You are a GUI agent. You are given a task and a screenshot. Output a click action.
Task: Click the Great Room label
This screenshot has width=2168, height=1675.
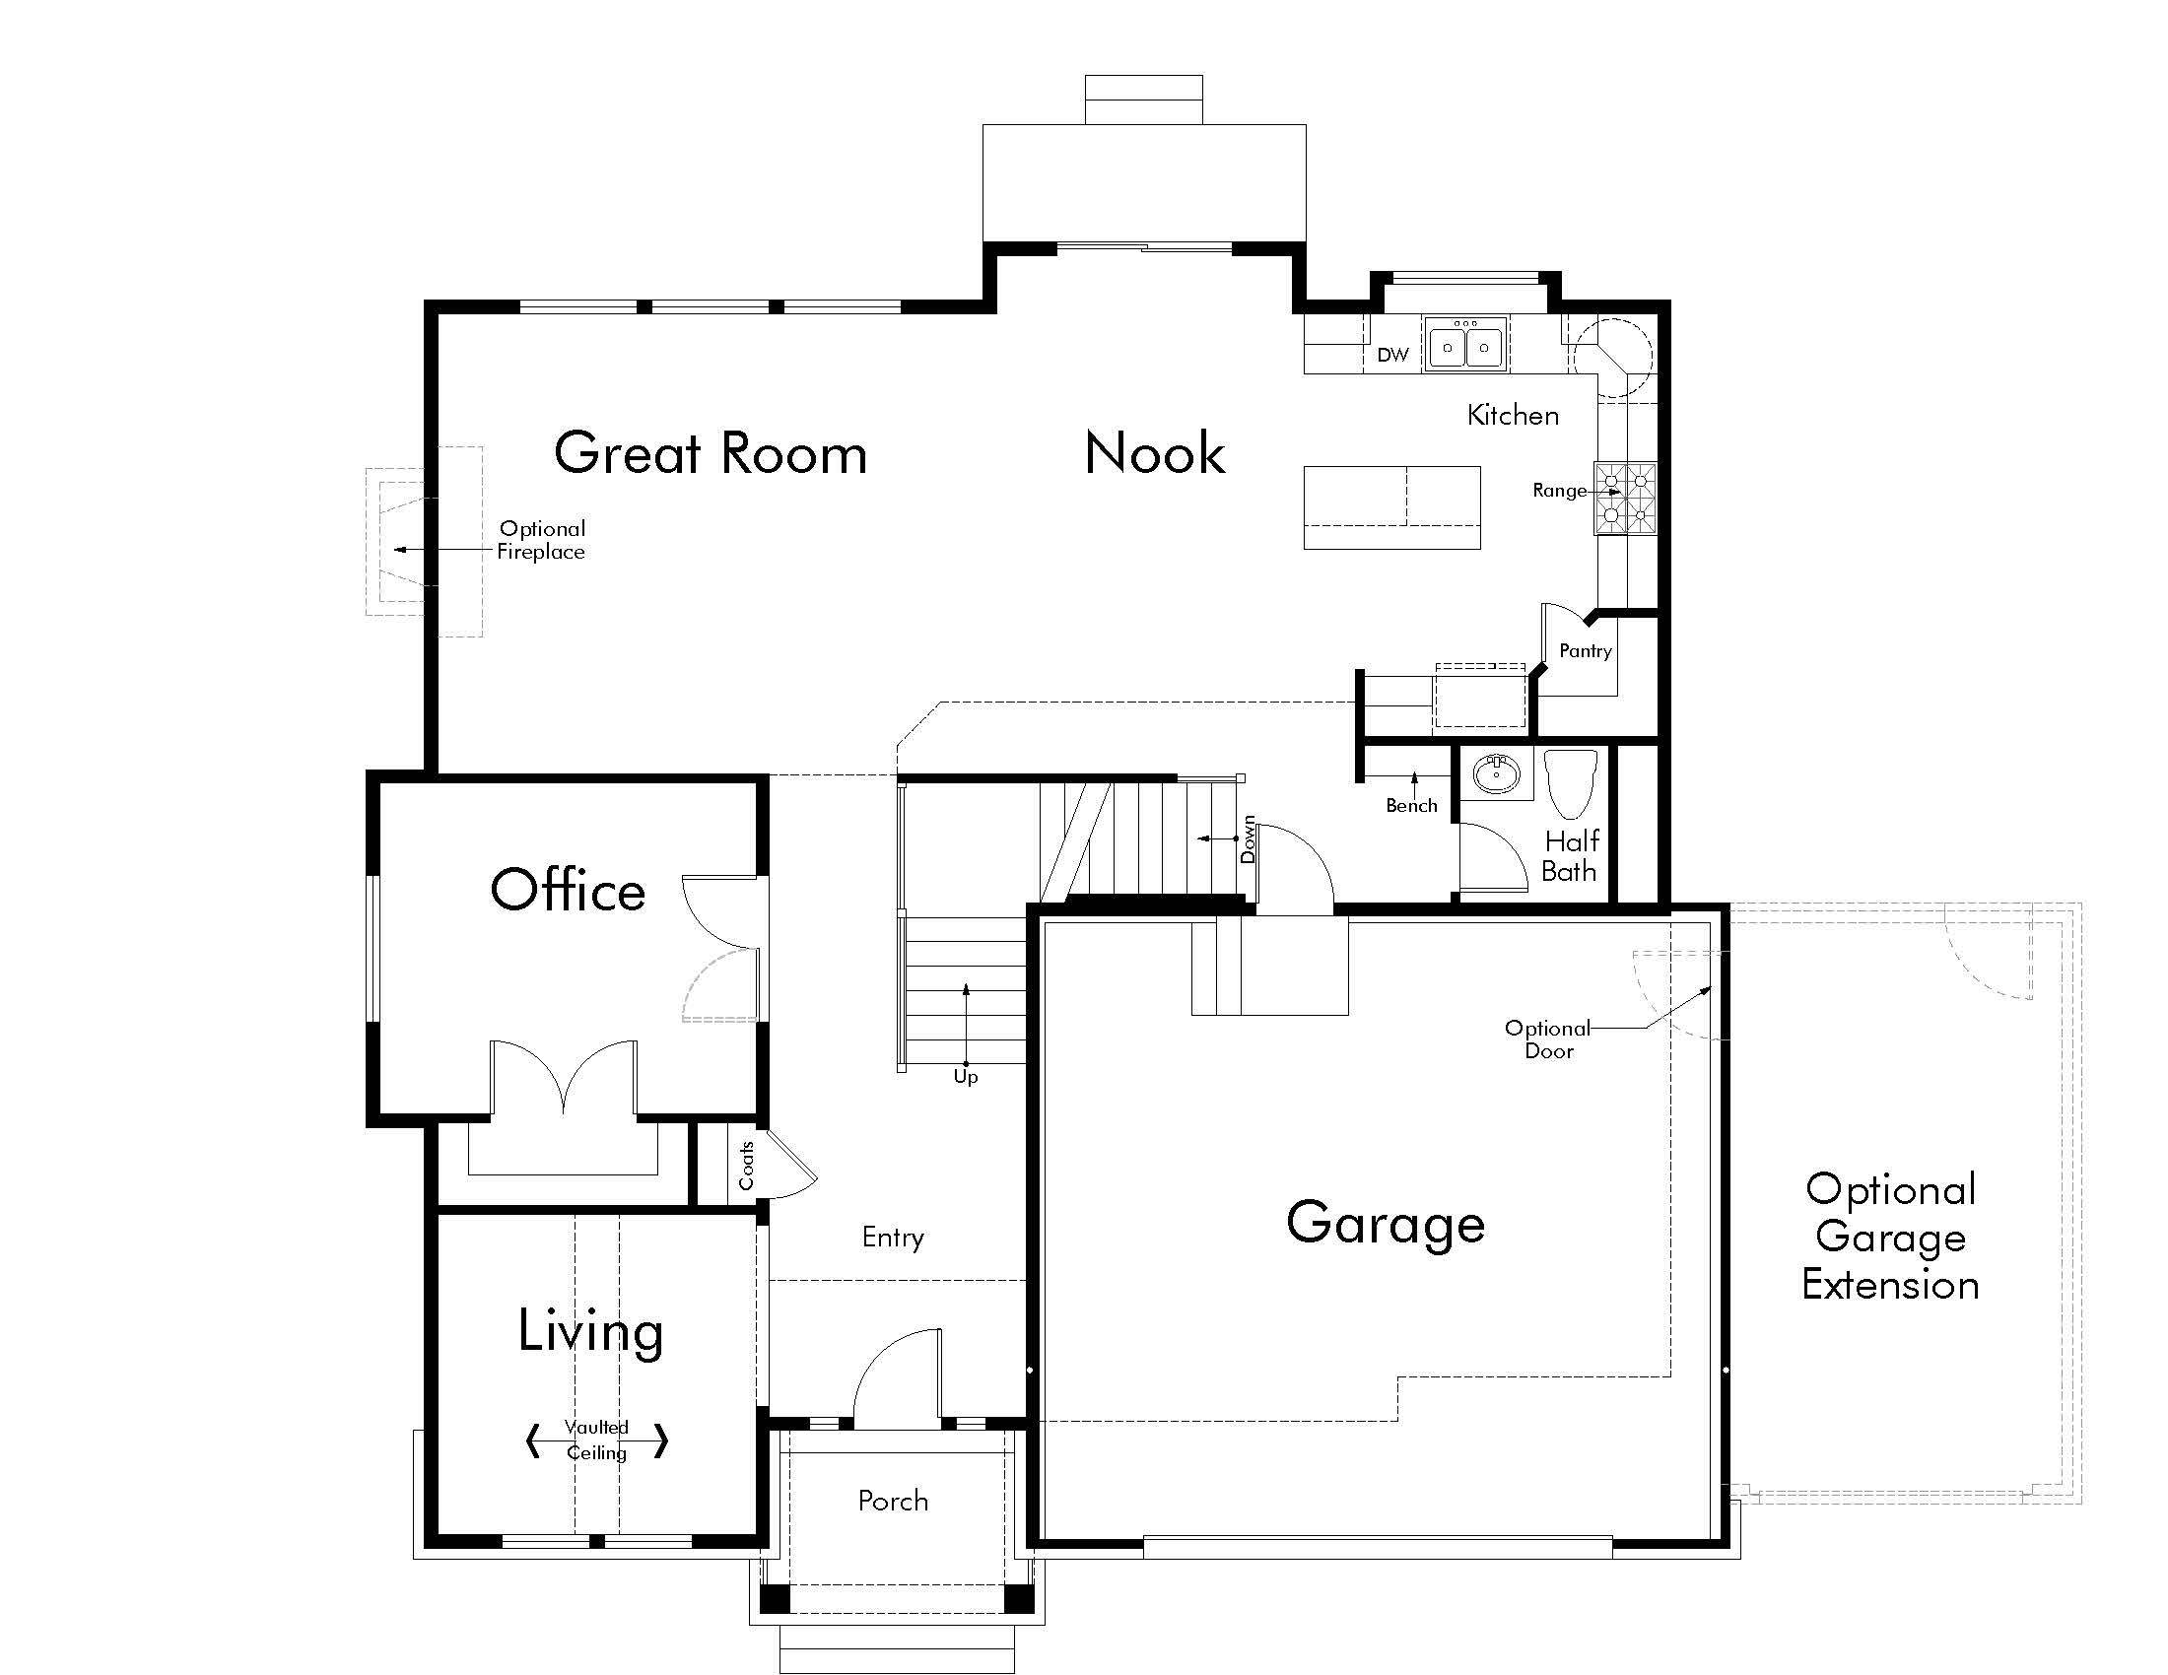[710, 453]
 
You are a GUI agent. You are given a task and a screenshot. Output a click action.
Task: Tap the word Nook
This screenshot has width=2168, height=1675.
[1155, 453]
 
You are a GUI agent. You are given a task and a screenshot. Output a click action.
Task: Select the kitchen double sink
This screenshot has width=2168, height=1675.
[1465, 345]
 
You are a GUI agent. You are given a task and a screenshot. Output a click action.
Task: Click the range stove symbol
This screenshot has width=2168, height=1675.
[1625, 500]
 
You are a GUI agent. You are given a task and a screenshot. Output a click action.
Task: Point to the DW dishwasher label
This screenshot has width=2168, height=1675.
[1392, 356]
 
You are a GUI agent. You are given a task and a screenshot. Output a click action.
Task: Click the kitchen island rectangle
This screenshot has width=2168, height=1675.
[1391, 507]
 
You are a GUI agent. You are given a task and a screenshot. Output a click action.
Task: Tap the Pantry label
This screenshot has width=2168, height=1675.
[1585, 651]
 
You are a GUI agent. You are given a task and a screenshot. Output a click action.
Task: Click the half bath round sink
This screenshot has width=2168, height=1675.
[1497, 774]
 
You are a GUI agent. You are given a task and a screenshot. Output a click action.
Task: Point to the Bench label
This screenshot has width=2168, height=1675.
[1411, 806]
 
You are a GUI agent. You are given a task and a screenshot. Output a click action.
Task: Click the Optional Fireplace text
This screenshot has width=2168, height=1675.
[541, 541]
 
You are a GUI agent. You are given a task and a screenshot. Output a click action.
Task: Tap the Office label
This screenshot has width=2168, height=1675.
[568, 890]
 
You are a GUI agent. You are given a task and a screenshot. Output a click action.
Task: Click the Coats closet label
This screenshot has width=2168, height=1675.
[747, 1165]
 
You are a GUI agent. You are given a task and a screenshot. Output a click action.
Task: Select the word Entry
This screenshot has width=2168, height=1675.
[893, 1238]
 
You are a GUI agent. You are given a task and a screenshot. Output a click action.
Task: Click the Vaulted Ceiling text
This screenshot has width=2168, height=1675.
[596, 1440]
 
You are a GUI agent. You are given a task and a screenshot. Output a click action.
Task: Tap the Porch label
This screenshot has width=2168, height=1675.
[893, 1501]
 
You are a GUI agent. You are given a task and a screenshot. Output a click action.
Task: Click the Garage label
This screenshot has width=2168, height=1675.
[1386, 1224]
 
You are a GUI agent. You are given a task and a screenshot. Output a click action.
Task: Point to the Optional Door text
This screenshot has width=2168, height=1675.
[1547, 1038]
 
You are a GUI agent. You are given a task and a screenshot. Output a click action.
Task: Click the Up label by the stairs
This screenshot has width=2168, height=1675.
[965, 1077]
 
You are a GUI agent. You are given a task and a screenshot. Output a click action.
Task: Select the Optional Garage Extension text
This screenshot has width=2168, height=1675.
[1890, 1238]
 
